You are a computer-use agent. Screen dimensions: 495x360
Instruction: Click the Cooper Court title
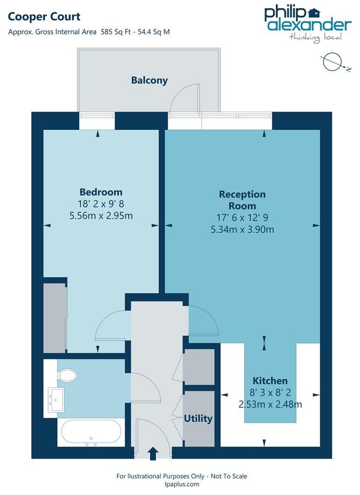point(44,17)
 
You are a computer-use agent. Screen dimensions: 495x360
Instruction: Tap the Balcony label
point(149,80)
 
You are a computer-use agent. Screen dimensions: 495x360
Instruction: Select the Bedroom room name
point(101,192)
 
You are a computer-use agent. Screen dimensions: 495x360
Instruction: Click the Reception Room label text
point(242,200)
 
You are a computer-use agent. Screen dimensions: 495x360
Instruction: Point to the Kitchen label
point(270,381)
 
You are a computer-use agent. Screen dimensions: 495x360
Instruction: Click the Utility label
point(198,419)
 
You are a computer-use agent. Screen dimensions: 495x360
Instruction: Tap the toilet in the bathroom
point(67,376)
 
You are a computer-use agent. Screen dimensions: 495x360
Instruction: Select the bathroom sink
point(56,397)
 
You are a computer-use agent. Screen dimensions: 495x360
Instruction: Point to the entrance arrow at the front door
point(153,453)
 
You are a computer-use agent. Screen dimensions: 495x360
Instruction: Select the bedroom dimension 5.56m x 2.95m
point(101,215)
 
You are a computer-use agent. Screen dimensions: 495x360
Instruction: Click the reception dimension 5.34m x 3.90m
point(242,229)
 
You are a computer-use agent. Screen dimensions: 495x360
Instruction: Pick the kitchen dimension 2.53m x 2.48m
point(270,405)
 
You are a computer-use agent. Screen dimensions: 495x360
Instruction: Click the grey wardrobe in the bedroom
point(55,318)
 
